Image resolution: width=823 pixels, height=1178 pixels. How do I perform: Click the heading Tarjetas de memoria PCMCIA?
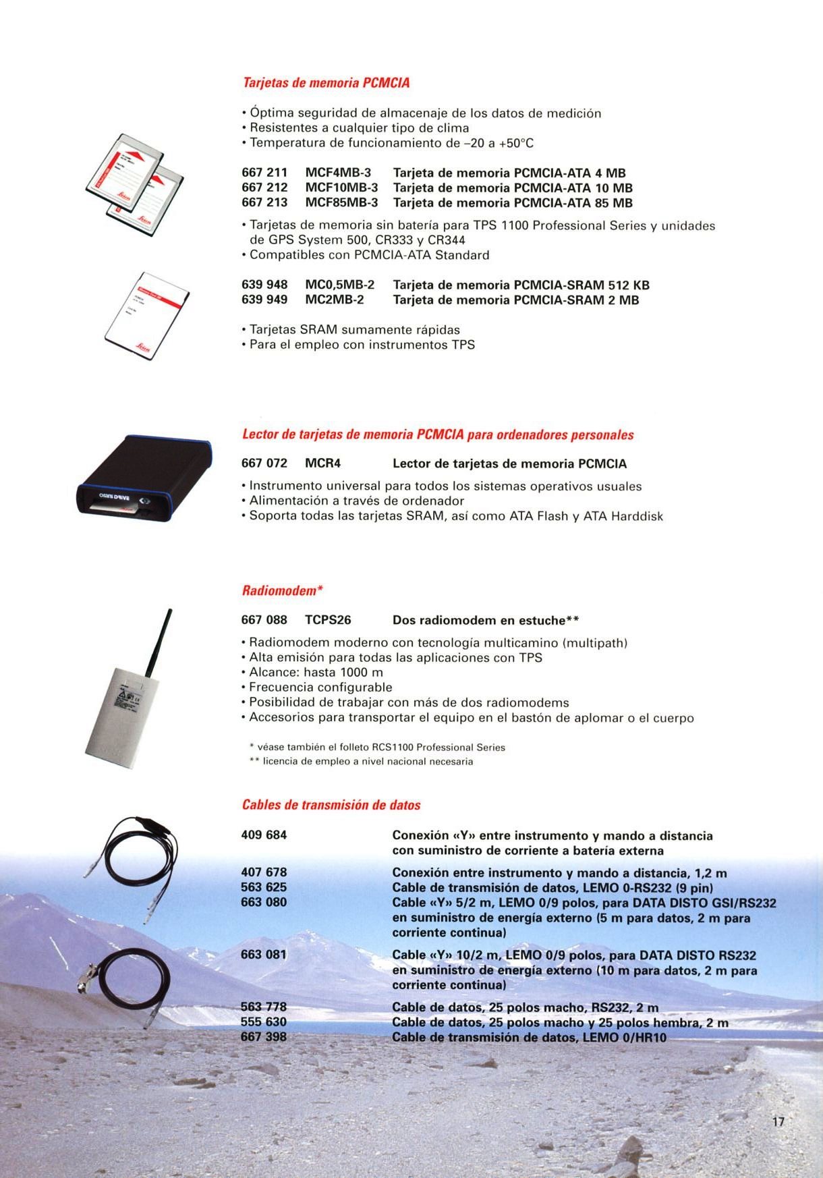(326, 83)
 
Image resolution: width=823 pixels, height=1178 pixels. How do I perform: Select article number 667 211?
(264, 173)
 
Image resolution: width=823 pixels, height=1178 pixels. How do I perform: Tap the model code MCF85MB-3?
(341, 203)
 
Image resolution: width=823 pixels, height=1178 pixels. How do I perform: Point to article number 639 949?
(264, 300)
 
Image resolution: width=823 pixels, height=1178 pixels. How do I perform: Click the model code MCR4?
(323, 464)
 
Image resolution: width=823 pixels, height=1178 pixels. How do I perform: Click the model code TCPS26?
(328, 620)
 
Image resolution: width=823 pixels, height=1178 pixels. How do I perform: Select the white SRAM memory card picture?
(147, 316)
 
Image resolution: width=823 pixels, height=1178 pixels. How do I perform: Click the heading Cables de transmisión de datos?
(331, 806)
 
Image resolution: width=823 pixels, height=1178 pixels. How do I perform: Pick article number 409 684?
(264, 835)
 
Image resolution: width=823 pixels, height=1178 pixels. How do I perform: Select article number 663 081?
(264, 955)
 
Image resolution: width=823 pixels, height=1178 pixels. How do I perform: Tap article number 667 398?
(264, 1037)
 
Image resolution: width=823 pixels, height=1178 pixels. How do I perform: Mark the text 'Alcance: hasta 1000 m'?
(316, 673)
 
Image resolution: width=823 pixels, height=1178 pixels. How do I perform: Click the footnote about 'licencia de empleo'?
(362, 762)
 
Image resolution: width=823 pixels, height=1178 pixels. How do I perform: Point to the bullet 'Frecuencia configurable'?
(320, 688)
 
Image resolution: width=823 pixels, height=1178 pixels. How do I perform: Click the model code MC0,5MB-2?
(339, 285)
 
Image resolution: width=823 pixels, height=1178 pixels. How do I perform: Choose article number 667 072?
(264, 464)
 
